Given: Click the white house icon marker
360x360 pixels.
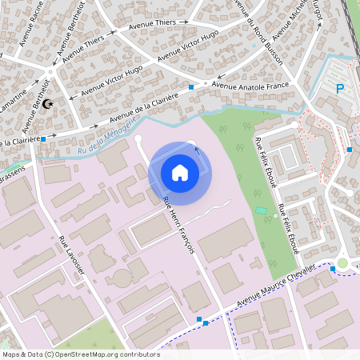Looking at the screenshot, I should click(x=179, y=172).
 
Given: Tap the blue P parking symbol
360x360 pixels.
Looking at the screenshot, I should click(x=340, y=89).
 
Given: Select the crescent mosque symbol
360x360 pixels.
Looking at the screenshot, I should click(x=47, y=103).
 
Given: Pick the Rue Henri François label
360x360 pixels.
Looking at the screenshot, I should click(x=178, y=226).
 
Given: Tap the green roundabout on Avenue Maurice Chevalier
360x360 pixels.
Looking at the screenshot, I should click(x=342, y=262).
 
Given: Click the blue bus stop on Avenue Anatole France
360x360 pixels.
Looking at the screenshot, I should click(x=191, y=86).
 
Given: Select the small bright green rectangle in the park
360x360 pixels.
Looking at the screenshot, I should click(x=261, y=210).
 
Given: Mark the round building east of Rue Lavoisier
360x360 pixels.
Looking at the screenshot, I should click(x=121, y=278).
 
